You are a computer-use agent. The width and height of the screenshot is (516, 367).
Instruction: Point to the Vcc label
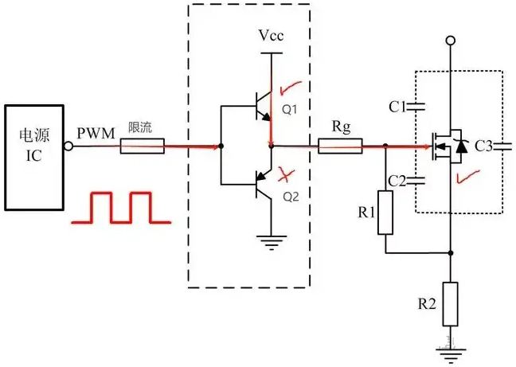click(271, 37)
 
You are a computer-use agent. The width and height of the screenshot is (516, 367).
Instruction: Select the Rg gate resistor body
click(340, 146)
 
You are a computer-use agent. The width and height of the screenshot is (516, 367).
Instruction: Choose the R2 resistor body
click(451, 304)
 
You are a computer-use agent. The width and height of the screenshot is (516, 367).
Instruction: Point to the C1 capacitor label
click(398, 105)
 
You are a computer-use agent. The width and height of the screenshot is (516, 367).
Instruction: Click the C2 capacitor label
click(398, 182)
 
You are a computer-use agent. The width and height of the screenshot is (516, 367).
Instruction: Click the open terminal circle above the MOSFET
click(451, 41)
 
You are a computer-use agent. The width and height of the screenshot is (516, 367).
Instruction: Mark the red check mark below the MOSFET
click(461, 177)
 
